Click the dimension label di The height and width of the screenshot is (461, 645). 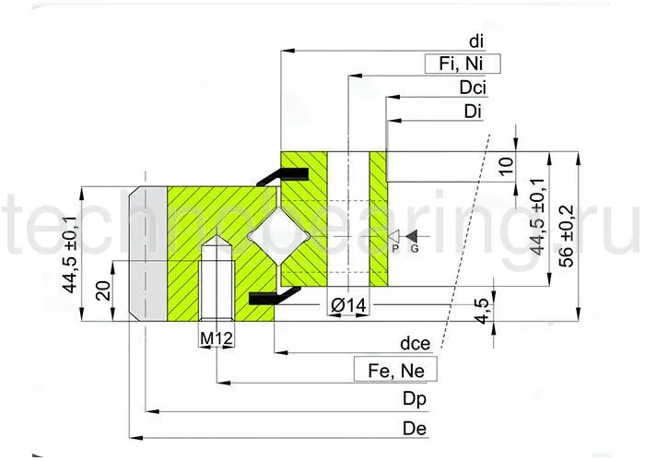475,41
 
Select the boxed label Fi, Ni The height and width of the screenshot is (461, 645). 462,65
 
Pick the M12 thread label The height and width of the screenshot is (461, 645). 216,338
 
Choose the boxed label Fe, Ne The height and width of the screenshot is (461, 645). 395,371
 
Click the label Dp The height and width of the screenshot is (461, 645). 416,399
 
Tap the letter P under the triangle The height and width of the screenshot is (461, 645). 394,249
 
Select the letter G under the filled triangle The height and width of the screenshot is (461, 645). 414,249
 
